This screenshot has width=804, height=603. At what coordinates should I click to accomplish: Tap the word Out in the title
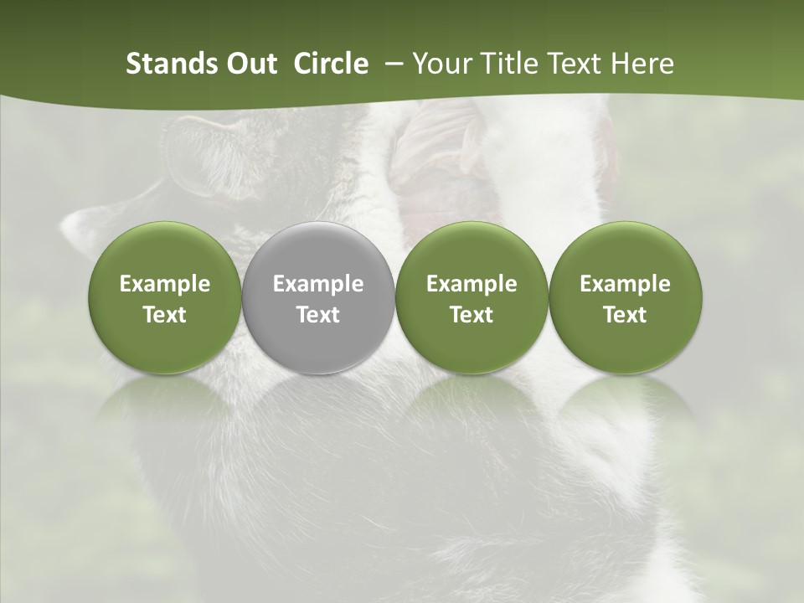(251, 64)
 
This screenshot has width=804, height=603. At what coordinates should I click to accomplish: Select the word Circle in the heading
(331, 64)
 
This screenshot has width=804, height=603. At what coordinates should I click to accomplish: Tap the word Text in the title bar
(571, 64)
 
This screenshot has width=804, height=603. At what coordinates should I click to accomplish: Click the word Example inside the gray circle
(318, 284)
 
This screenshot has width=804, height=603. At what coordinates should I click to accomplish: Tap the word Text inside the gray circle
(318, 315)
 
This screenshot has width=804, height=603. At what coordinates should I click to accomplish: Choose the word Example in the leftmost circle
(165, 284)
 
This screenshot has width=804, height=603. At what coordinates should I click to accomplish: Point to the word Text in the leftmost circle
(165, 315)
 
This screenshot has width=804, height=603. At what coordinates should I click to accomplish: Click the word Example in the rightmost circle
(625, 284)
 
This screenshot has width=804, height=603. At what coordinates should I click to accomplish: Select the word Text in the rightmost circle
(625, 315)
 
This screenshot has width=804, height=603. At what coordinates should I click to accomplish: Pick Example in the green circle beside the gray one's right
(472, 284)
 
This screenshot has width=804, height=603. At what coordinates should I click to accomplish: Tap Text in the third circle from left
(472, 315)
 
